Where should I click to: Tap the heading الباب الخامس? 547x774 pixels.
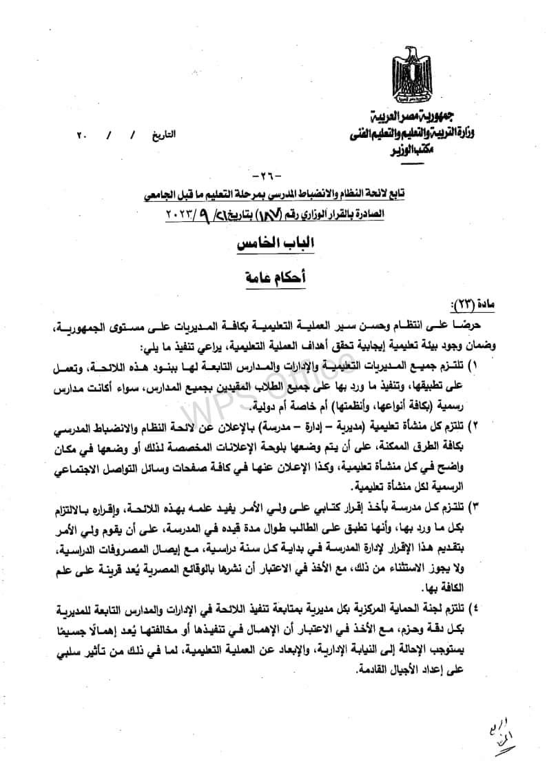click(273, 245)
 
